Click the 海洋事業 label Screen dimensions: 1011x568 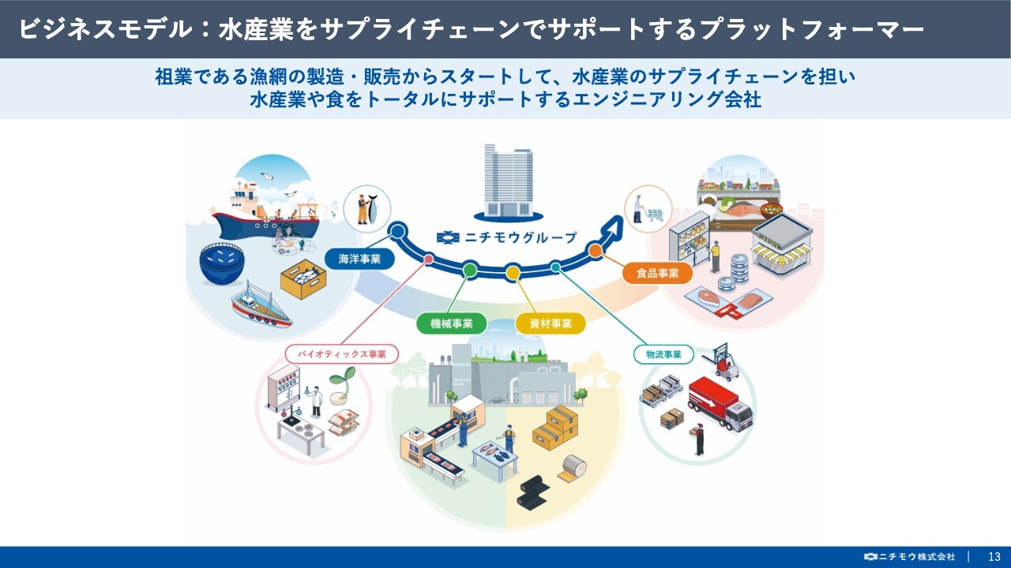(359, 260)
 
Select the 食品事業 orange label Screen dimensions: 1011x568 (658, 273)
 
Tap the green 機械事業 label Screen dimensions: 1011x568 (451, 323)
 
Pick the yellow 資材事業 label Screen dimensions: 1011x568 (551, 323)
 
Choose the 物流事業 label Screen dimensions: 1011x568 (663, 354)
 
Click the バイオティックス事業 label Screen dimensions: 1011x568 (342, 354)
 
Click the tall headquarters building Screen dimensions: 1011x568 (508, 181)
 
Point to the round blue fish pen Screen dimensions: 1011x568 (222, 263)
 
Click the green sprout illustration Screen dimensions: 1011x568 (342, 383)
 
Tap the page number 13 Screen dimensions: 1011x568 (994, 557)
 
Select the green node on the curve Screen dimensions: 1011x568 (470, 270)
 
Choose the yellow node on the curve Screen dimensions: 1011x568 (513, 272)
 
